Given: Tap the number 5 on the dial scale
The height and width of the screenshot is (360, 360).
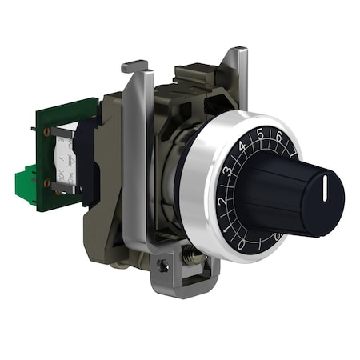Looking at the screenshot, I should (260, 135).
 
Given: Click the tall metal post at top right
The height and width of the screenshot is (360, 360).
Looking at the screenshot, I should (237, 72).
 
